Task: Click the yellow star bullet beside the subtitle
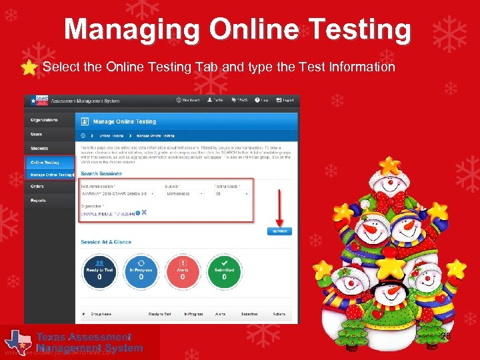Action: (x=29, y=68)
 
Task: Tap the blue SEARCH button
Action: (x=279, y=231)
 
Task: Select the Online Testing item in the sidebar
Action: (x=44, y=162)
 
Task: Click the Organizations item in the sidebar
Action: (x=44, y=120)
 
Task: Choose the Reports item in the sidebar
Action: (x=38, y=200)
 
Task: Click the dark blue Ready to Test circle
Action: (x=99, y=269)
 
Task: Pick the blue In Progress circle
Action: (x=141, y=269)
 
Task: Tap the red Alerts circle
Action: (x=183, y=269)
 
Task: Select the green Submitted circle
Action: (x=224, y=269)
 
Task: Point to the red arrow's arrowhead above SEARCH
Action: (x=279, y=222)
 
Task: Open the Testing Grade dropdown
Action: (x=231, y=194)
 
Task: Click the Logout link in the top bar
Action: (x=286, y=100)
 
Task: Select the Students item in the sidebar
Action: (x=39, y=148)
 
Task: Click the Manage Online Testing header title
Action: (x=125, y=121)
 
